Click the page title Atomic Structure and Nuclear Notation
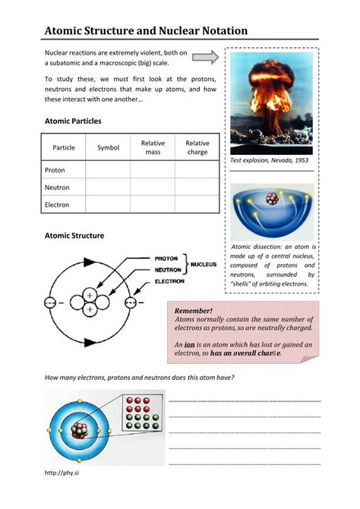[147, 31]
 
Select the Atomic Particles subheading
[73, 121]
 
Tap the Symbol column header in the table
[109, 147]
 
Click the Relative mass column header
[153, 147]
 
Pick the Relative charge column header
[197, 147]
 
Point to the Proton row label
[55, 170]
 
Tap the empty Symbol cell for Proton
[109, 170]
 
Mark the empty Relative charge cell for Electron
[197, 205]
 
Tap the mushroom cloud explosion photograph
[271, 102]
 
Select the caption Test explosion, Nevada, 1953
[269, 161]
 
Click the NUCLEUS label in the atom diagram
[204, 264]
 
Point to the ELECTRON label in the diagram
[169, 281]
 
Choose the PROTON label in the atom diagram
[166, 258]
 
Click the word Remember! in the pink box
[194, 311]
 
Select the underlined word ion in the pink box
[191, 344]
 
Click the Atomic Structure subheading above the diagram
[74, 236]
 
